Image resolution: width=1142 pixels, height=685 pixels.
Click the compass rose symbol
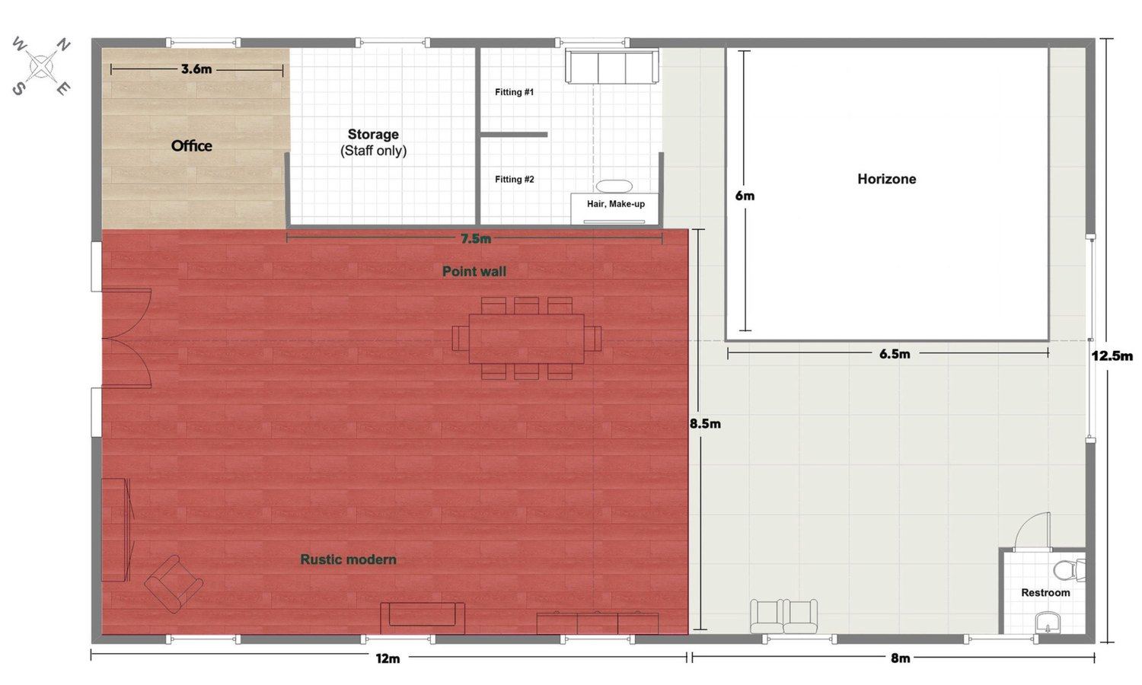tap(42, 66)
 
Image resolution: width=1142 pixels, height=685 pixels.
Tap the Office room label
tap(192, 146)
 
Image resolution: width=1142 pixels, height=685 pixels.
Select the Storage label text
tap(373, 135)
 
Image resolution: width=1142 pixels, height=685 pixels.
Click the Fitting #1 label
tap(514, 92)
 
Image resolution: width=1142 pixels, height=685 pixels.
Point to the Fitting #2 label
tap(515, 180)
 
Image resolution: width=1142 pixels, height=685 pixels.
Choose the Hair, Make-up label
tap(616, 204)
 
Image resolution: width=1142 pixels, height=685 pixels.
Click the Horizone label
tap(887, 179)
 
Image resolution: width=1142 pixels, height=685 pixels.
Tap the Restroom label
tap(1045, 593)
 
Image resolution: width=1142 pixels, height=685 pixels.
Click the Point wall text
tap(474, 272)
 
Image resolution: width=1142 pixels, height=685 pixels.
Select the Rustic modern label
tap(348, 559)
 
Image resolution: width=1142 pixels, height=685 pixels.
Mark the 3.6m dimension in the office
tap(196, 69)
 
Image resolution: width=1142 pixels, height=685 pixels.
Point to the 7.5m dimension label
tap(476, 238)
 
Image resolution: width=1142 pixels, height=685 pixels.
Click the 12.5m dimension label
tap(1112, 355)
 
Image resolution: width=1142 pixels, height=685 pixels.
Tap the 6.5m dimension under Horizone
tap(895, 354)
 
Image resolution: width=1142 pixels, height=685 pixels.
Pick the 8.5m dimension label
tap(705, 423)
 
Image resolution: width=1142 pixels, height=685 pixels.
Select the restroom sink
tap(1048, 623)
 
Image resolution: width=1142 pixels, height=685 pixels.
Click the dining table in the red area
tap(526, 339)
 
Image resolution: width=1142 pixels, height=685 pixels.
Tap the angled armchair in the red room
tap(174, 584)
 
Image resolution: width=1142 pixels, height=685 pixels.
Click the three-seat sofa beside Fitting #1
tap(612, 66)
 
